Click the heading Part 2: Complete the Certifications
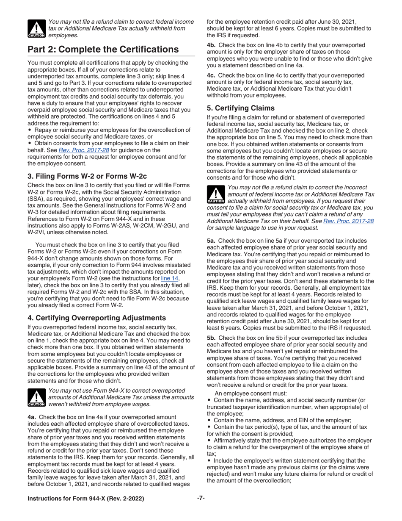tap(103, 50)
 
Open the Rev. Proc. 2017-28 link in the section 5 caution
tap(348, 221)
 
